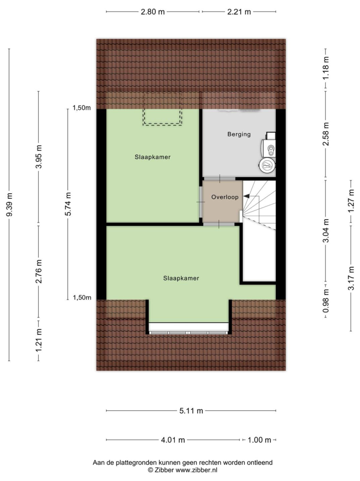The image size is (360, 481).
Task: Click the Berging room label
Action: (239, 135)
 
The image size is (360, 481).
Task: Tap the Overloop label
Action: (225, 197)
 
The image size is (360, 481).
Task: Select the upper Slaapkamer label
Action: (152, 157)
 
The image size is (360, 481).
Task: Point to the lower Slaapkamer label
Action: (181, 278)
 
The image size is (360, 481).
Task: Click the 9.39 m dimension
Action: (9, 204)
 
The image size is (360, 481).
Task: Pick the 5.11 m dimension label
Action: (191, 411)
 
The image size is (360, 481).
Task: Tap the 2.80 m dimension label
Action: (153, 12)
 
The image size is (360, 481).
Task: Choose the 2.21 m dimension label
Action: (239, 12)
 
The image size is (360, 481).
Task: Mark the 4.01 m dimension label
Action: (173, 440)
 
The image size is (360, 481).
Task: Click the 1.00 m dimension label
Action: (259, 440)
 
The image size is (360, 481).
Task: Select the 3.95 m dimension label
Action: (39, 157)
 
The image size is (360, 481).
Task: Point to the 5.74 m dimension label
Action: (68, 204)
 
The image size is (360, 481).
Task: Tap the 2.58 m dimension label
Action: (326, 134)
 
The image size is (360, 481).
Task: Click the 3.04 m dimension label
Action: (326, 231)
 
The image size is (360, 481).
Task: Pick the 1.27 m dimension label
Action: (351, 200)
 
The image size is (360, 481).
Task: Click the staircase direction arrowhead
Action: (246, 196)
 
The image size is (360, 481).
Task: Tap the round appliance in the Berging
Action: (267, 166)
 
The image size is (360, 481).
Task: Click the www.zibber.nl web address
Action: (196, 470)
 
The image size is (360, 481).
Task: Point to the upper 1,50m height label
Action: (81, 108)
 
